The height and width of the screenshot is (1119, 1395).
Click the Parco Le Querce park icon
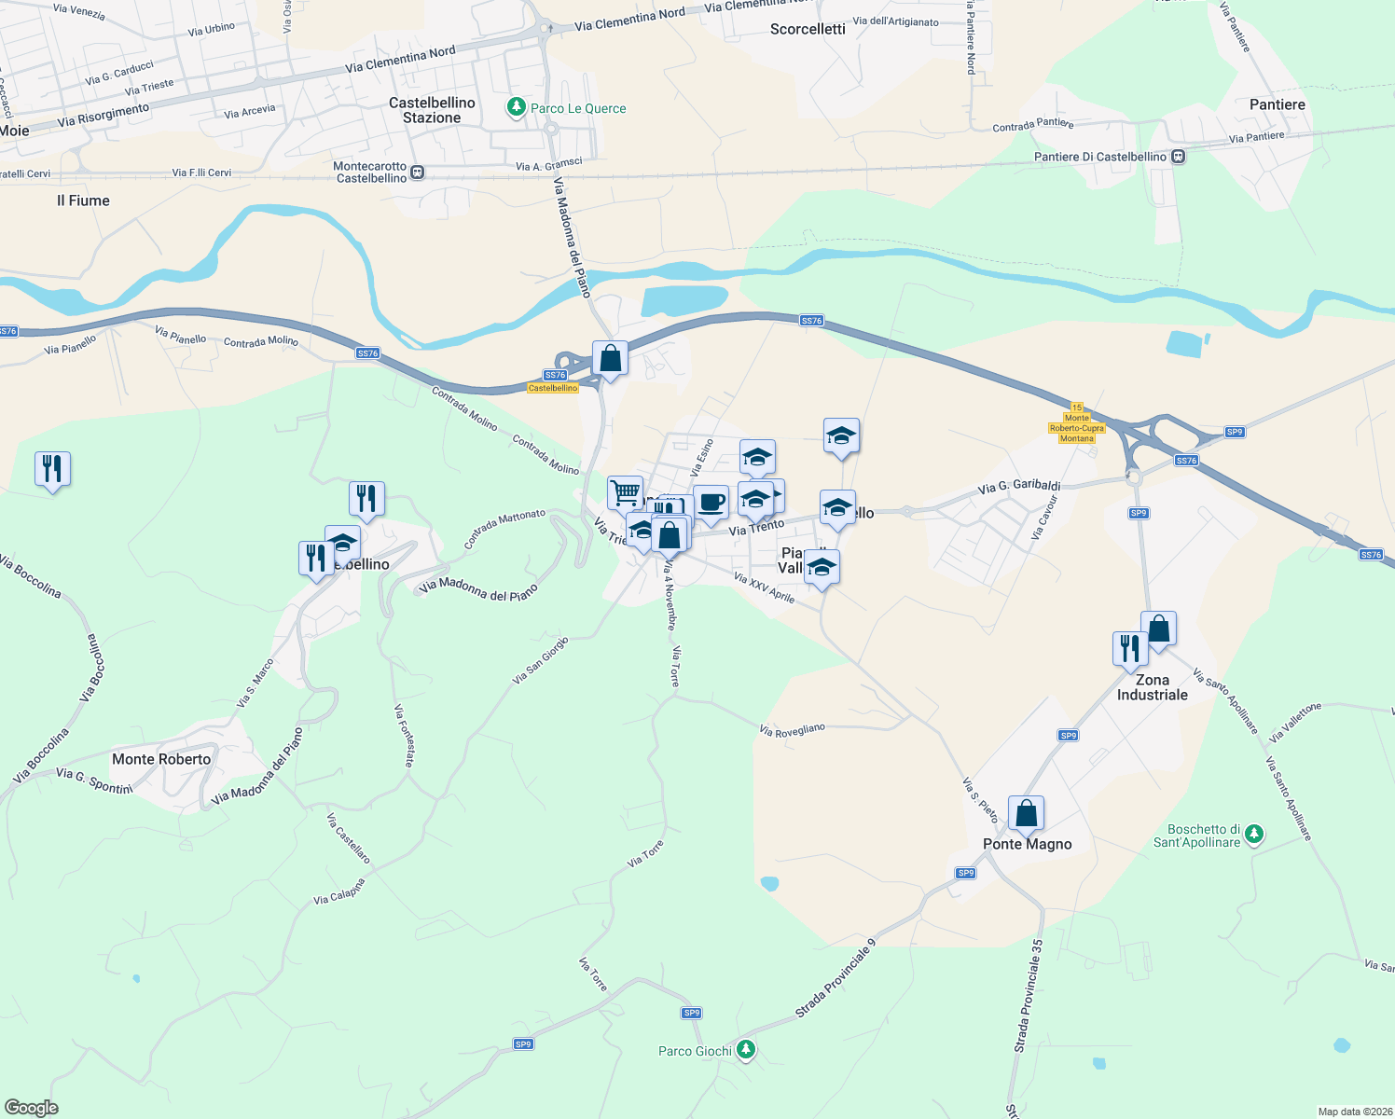pyautogui.click(x=516, y=108)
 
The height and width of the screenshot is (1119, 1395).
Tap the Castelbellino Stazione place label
pyautogui.click(x=432, y=110)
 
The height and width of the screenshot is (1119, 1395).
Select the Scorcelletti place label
pyautogui.click(x=808, y=29)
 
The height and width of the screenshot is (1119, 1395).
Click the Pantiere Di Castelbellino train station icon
pyautogui.click(x=1179, y=157)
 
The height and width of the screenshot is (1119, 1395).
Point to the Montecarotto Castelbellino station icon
pyautogui.click(x=418, y=173)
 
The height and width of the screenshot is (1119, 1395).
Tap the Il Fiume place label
pyautogui.click(x=83, y=200)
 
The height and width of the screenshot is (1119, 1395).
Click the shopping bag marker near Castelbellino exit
pyautogui.click(x=610, y=358)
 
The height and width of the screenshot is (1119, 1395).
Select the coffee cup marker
pyautogui.click(x=711, y=503)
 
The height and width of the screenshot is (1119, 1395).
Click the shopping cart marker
pyautogui.click(x=625, y=491)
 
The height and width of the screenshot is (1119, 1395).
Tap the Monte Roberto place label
pyautogui.click(x=161, y=759)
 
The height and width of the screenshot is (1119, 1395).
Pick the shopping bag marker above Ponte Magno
pyautogui.click(x=1026, y=813)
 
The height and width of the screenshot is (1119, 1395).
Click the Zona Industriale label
pyautogui.click(x=1153, y=687)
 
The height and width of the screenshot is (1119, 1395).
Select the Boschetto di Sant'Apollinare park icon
pyautogui.click(x=1254, y=834)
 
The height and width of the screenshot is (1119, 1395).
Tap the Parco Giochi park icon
pyautogui.click(x=745, y=1050)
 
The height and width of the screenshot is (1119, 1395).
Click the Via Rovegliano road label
pyautogui.click(x=792, y=730)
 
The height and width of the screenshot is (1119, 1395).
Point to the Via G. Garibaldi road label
pyautogui.click(x=1019, y=486)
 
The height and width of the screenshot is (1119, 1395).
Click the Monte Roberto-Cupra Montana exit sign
pyautogui.click(x=1077, y=423)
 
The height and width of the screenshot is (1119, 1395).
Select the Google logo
pyautogui.click(x=32, y=1108)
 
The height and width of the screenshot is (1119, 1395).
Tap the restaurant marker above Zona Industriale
pyautogui.click(x=1129, y=648)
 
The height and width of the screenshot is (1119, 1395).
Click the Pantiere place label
pyautogui.click(x=1277, y=104)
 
